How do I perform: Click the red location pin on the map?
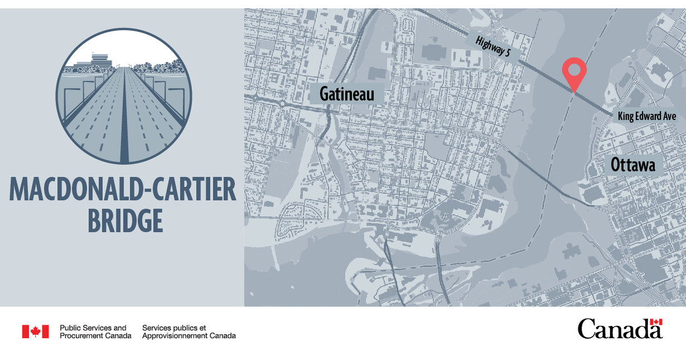coord(574,71)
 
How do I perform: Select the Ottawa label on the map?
coord(632,165)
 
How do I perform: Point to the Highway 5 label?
coord(497,48)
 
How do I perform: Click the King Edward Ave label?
coord(647,117)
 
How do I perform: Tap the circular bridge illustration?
coord(123,96)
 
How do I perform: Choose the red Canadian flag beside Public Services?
coord(35,331)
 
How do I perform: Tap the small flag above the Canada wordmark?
coord(656,322)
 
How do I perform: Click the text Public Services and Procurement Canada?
coord(96,331)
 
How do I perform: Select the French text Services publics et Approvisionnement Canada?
coord(189,331)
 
